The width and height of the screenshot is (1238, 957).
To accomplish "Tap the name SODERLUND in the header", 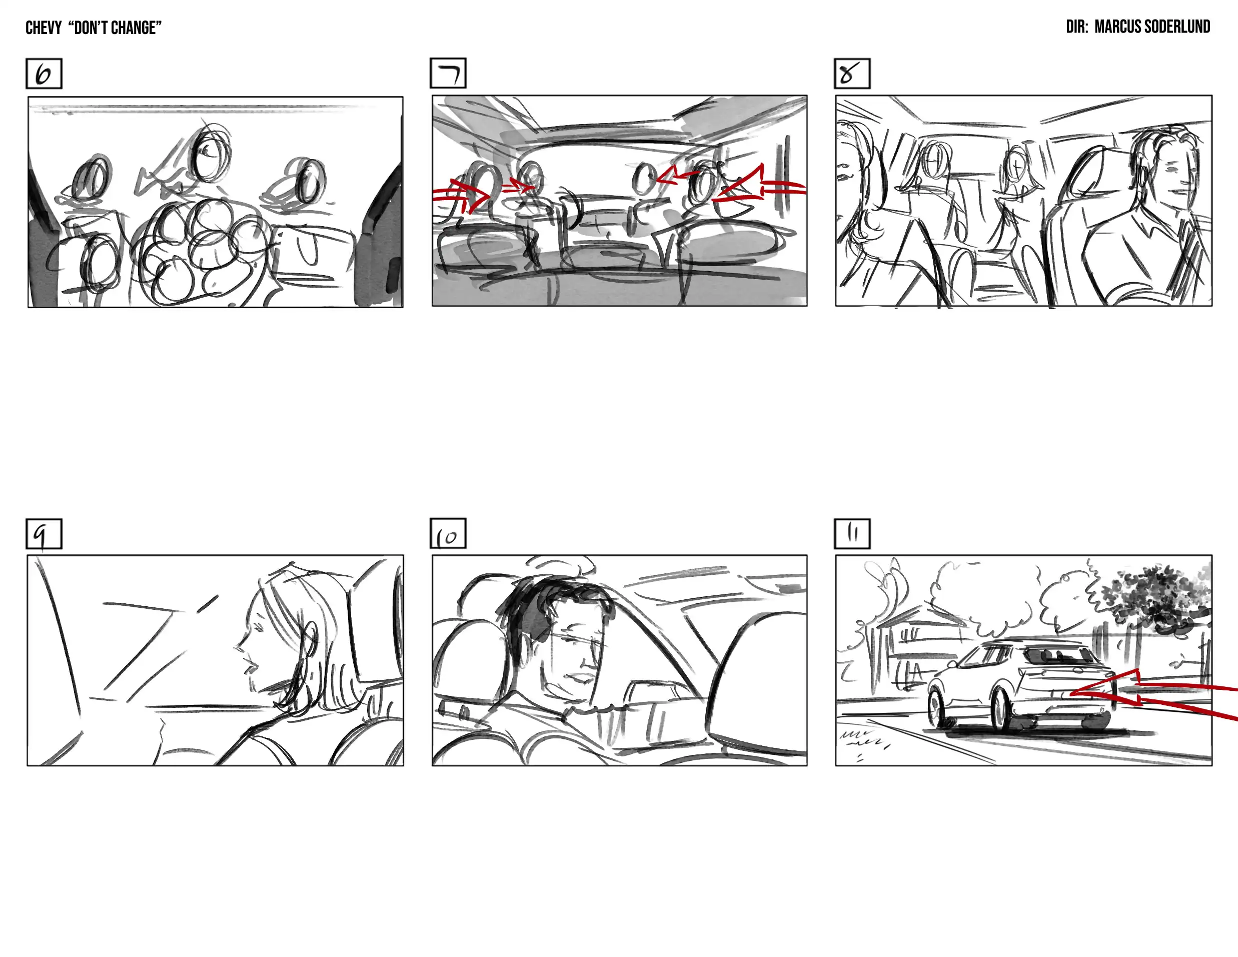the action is [x=1181, y=27].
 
